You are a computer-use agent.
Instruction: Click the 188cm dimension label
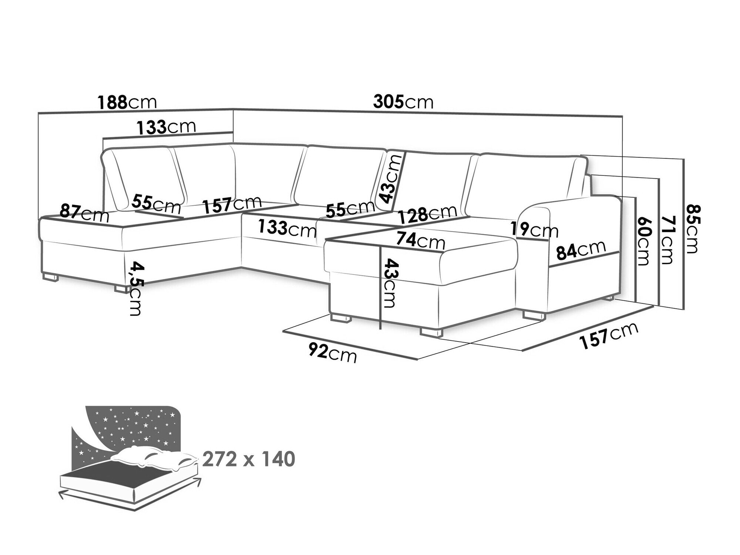click(127, 102)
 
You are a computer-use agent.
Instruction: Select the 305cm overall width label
click(403, 101)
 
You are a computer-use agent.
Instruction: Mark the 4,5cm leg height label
click(134, 289)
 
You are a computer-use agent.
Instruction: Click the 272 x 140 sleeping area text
click(249, 459)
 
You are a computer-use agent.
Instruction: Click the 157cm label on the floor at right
click(609, 336)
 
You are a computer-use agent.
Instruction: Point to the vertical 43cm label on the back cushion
click(391, 179)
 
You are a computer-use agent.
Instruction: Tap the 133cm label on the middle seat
click(287, 228)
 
